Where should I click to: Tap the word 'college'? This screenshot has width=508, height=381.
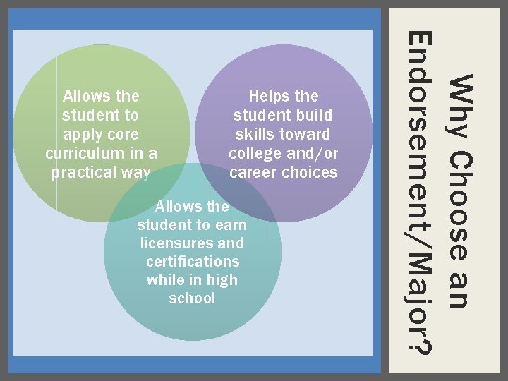[x=258, y=153]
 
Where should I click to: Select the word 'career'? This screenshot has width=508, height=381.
[x=255, y=172]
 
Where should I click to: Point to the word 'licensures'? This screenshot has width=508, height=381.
[x=176, y=243]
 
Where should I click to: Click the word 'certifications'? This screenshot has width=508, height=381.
[x=193, y=262]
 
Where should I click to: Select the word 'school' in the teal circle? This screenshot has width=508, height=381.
[x=192, y=298]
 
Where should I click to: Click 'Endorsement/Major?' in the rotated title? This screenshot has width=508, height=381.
[x=421, y=191]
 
